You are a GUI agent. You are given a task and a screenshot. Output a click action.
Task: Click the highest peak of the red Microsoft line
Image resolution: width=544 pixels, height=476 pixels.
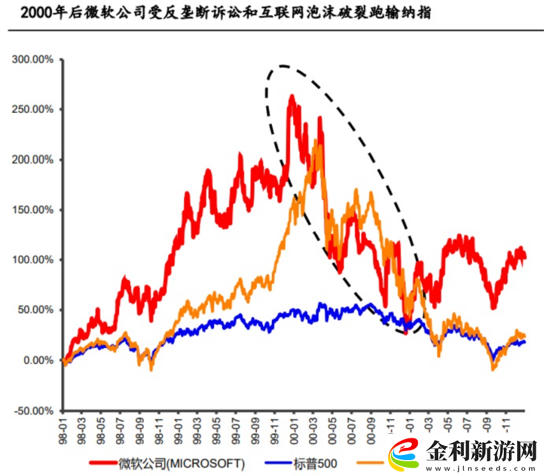[x=292, y=96]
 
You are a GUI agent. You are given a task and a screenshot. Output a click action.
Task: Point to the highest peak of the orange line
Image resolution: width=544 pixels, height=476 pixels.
[x=316, y=140]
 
